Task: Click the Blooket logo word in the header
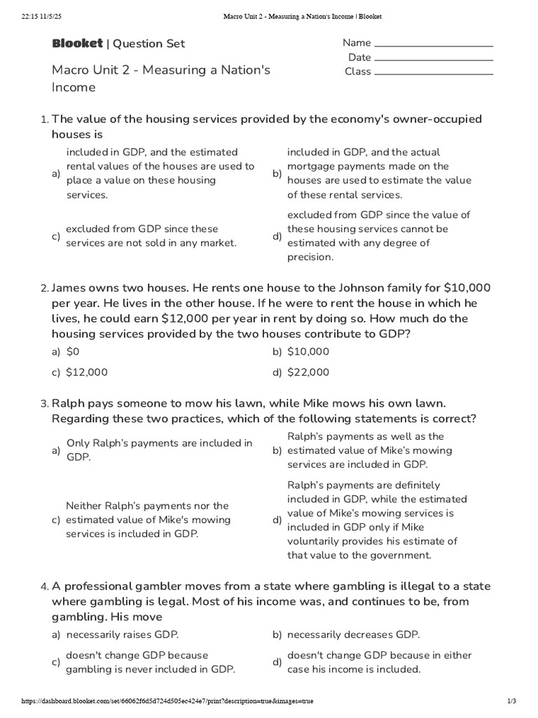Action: [77, 43]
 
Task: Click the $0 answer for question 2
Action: [73, 351]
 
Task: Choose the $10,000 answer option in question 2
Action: [308, 351]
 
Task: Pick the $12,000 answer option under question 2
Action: [87, 372]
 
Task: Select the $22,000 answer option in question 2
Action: [308, 372]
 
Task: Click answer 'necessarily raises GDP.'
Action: [123, 635]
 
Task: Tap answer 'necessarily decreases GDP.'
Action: [353, 635]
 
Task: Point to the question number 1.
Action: [44, 119]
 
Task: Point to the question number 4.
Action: [44, 586]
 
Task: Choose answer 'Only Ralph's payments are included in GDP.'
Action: [159, 449]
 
